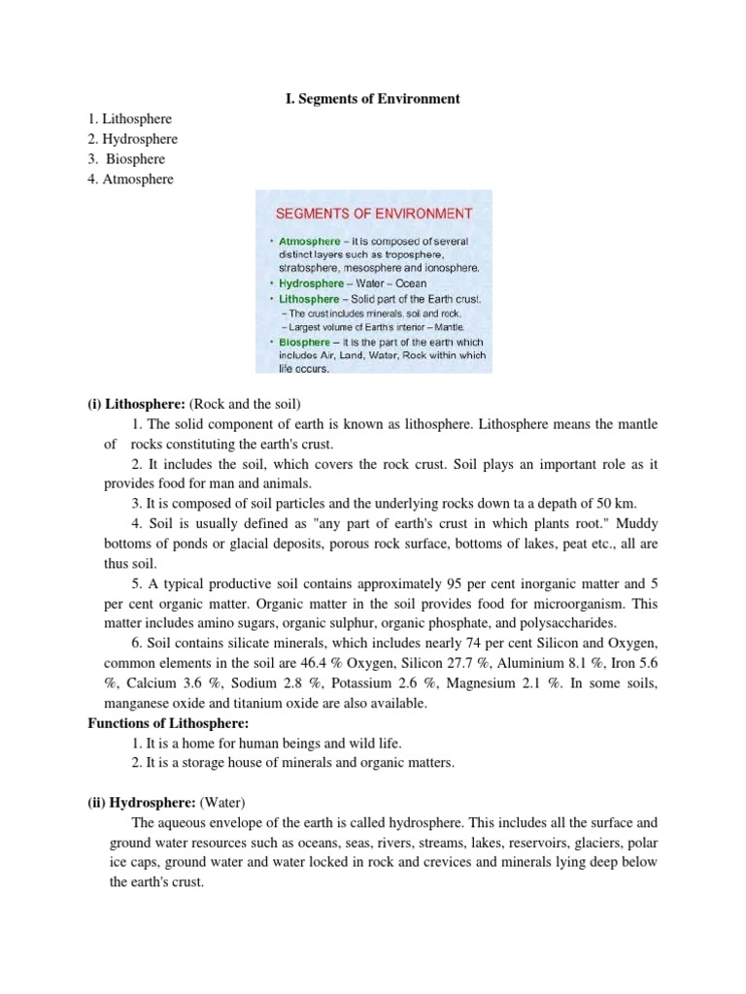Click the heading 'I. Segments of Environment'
pos(373,99)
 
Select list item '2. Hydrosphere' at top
pos(132,139)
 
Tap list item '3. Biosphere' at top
pos(127,159)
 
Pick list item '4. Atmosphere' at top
pos(131,180)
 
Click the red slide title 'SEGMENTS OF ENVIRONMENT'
pos(375,213)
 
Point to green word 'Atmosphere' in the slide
pos(309,241)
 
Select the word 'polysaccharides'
pos(581,623)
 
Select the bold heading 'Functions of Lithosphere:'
pos(163,723)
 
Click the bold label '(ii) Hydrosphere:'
pos(141,803)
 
